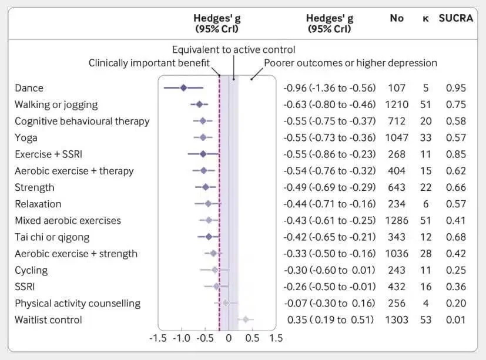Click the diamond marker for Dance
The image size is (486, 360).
click(183, 88)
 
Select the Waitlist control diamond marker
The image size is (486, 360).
click(246, 320)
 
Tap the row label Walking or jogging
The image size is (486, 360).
click(56, 105)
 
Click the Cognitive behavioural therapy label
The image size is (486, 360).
click(82, 122)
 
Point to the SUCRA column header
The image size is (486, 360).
click(456, 18)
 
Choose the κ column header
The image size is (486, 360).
click(425, 18)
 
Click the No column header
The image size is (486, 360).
click(397, 18)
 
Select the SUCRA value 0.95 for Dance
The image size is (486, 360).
click(455, 88)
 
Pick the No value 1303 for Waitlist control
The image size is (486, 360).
click(397, 320)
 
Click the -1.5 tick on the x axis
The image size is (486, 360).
click(157, 338)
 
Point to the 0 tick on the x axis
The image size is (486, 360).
click(228, 338)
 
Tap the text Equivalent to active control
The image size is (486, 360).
click(233, 50)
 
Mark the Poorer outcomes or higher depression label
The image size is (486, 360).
click(350, 63)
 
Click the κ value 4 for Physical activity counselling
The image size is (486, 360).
click(426, 304)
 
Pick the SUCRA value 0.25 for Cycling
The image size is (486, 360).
click(455, 270)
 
